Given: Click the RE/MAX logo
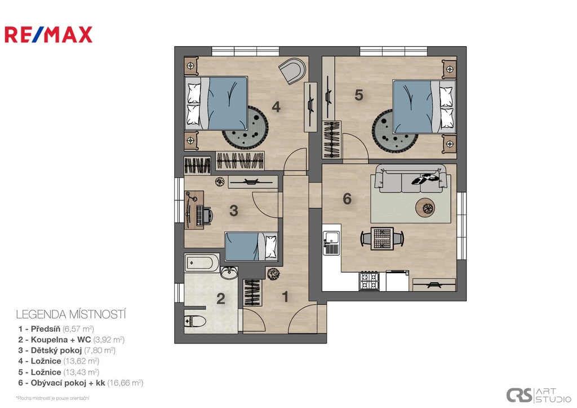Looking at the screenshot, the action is [x=48, y=34].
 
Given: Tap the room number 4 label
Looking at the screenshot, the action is [x=276, y=107].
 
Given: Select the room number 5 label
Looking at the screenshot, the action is [x=359, y=95].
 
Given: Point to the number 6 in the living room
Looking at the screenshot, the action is [x=347, y=199].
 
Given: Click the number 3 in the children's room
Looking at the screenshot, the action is [x=234, y=211].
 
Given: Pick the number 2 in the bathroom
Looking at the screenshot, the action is [x=221, y=299].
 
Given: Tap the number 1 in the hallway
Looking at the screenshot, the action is [x=285, y=297].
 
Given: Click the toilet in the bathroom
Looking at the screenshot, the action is [x=195, y=322].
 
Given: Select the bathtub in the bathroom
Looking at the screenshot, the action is [x=201, y=263].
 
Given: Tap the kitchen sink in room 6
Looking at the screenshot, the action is [x=331, y=242].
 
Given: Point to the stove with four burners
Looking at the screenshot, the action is [x=369, y=280].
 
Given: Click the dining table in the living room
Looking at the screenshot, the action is [x=382, y=239].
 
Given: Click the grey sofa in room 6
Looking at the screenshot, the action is [x=411, y=178].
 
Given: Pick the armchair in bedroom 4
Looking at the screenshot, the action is [x=292, y=71].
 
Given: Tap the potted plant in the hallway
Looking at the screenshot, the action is [x=273, y=274].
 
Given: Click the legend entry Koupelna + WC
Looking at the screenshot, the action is [x=72, y=340].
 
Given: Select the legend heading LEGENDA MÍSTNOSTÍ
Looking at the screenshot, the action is [x=71, y=314].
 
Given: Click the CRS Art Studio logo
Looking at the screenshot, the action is [x=538, y=396].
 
